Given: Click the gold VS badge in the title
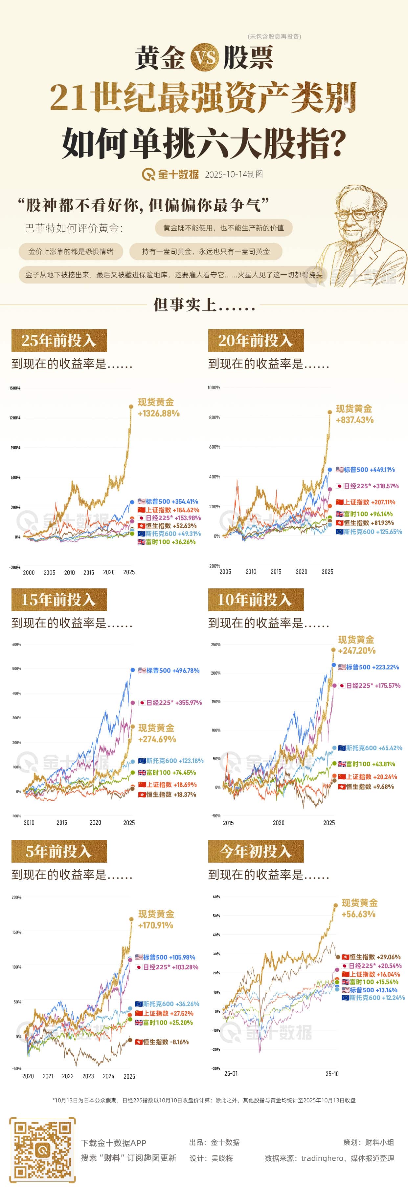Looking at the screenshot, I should (x=204, y=57).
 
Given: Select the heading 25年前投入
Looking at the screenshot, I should (x=59, y=340).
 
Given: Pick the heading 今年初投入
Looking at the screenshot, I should (x=256, y=851).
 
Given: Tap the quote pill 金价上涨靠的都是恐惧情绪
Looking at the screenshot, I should (x=71, y=251).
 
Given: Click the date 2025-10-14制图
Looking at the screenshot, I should (x=234, y=174).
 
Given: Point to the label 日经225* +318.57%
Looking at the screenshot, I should (x=367, y=486).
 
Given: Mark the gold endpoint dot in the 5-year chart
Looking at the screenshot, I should (x=131, y=919).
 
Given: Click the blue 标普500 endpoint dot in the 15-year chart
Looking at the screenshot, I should (x=133, y=670).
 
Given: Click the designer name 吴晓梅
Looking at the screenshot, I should (x=222, y=1158).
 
